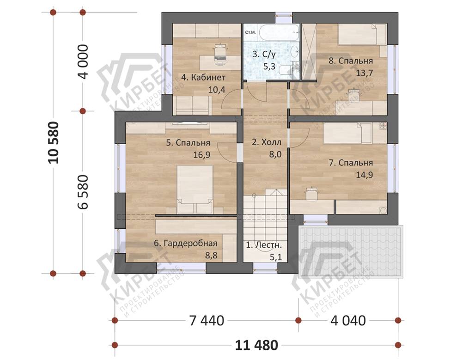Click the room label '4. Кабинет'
coord(203,78)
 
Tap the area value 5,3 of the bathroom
coord(269,67)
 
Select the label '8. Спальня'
coord(351,61)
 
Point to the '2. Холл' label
coord(267,142)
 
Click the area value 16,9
coord(202,155)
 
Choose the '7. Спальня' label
coord(351,163)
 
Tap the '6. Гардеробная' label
coord(186,244)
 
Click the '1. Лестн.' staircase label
coord(264,245)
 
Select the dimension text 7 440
coord(207,321)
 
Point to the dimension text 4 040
coord(348,321)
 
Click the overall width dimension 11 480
coord(256,345)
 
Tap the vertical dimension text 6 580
coord(83,192)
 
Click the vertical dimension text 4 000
coord(83,61)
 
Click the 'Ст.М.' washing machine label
coord(250,32)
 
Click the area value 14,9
coord(365,175)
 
